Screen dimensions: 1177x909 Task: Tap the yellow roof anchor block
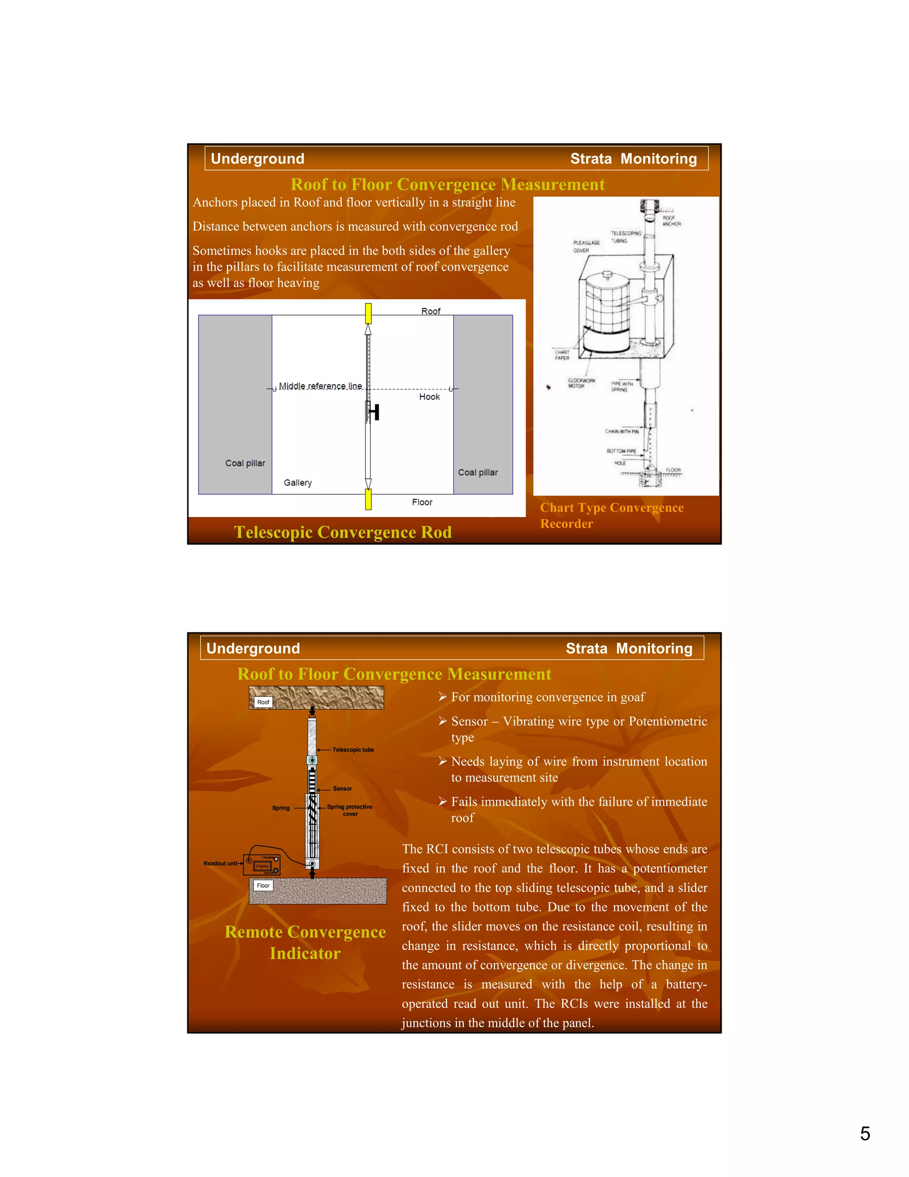[368, 313]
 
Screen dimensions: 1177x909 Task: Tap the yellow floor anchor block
[368, 499]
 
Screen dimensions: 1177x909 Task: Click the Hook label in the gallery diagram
[429, 397]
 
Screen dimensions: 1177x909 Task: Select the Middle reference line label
[320, 386]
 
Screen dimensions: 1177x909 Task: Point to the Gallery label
[298, 482]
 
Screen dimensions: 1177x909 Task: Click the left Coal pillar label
[245, 463]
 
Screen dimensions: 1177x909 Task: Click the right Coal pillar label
[478, 472]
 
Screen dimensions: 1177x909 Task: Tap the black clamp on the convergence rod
[375, 412]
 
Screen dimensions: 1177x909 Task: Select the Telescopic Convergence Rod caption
[343, 532]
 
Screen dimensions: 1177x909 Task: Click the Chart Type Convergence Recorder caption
[611, 515]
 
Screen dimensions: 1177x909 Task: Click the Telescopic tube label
[353, 750]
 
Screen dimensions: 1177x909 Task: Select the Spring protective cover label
[349, 810]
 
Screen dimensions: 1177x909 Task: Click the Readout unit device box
[262, 865]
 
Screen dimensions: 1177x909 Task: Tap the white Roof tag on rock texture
[263, 702]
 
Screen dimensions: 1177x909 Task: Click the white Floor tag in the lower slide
[263, 886]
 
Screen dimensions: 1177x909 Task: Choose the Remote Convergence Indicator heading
[305, 942]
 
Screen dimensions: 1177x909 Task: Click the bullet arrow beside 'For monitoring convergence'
[443, 697]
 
